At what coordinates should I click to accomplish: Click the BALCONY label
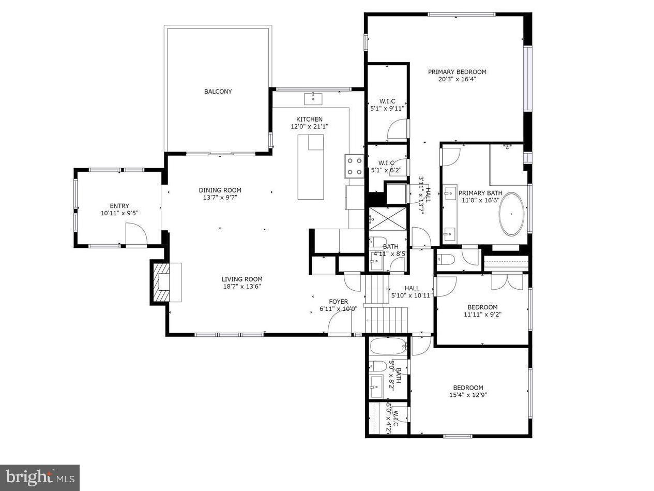coord(218,92)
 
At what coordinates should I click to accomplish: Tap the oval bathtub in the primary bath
coord(511,214)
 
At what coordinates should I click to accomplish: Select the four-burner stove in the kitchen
coord(354,166)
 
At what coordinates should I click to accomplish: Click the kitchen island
coord(311,167)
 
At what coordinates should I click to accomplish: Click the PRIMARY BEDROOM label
coord(457,72)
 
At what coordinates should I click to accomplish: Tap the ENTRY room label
coord(119,206)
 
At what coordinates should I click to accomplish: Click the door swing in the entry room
coord(136,233)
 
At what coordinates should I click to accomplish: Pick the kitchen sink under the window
coord(313,98)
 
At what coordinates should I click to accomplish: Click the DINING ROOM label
coord(220,190)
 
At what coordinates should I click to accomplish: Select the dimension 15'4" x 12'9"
coord(468,395)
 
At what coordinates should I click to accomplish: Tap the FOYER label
coord(339,302)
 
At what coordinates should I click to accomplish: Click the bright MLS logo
coord(39,477)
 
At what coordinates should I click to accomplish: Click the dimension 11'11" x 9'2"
coord(482,314)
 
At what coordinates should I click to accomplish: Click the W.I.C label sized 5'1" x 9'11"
coord(387,105)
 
